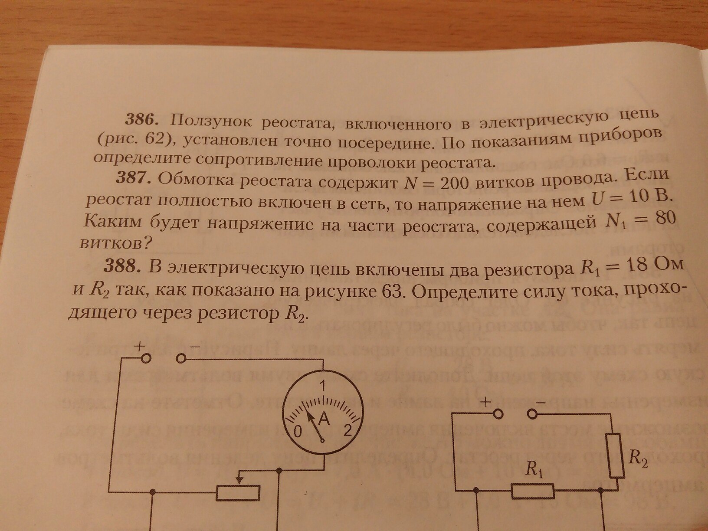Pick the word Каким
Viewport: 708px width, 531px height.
click(x=112, y=223)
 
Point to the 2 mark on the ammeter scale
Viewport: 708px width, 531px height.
click(x=347, y=430)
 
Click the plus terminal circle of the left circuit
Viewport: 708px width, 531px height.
click(x=146, y=358)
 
